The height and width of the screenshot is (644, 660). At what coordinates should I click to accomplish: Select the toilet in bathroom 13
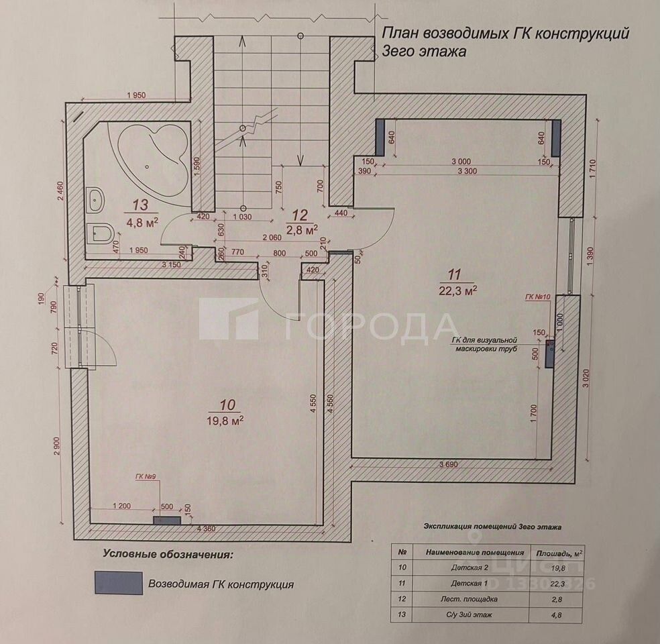[x=99, y=234]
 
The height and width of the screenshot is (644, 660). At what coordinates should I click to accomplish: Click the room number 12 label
[x=299, y=215]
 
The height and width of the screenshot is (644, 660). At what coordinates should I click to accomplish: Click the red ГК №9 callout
[x=146, y=477]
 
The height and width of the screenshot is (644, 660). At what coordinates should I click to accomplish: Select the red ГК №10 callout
[x=537, y=296]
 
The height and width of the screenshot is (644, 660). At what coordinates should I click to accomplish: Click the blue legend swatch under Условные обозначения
[x=118, y=583]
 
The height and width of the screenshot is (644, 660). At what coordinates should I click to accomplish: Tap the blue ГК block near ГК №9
[x=167, y=520]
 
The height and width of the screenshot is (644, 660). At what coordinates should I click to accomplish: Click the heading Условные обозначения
[x=168, y=555]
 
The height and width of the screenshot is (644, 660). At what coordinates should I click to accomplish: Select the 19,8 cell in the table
[x=555, y=568]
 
